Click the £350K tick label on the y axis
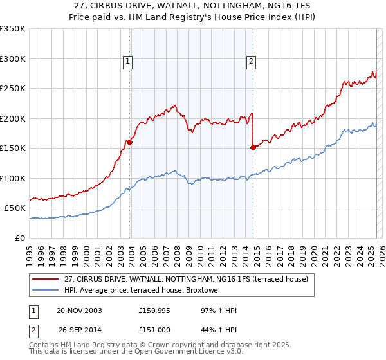pos(12,29)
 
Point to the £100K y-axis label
pos(12,178)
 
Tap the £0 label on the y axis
pos(19,238)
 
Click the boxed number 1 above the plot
pos(128,62)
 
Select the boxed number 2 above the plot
pos(250,62)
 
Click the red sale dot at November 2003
pos(130,143)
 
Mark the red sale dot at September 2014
pos(253,148)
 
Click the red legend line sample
pos(46,279)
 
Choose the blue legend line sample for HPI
pos(46,290)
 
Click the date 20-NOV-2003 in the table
pos(79,311)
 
